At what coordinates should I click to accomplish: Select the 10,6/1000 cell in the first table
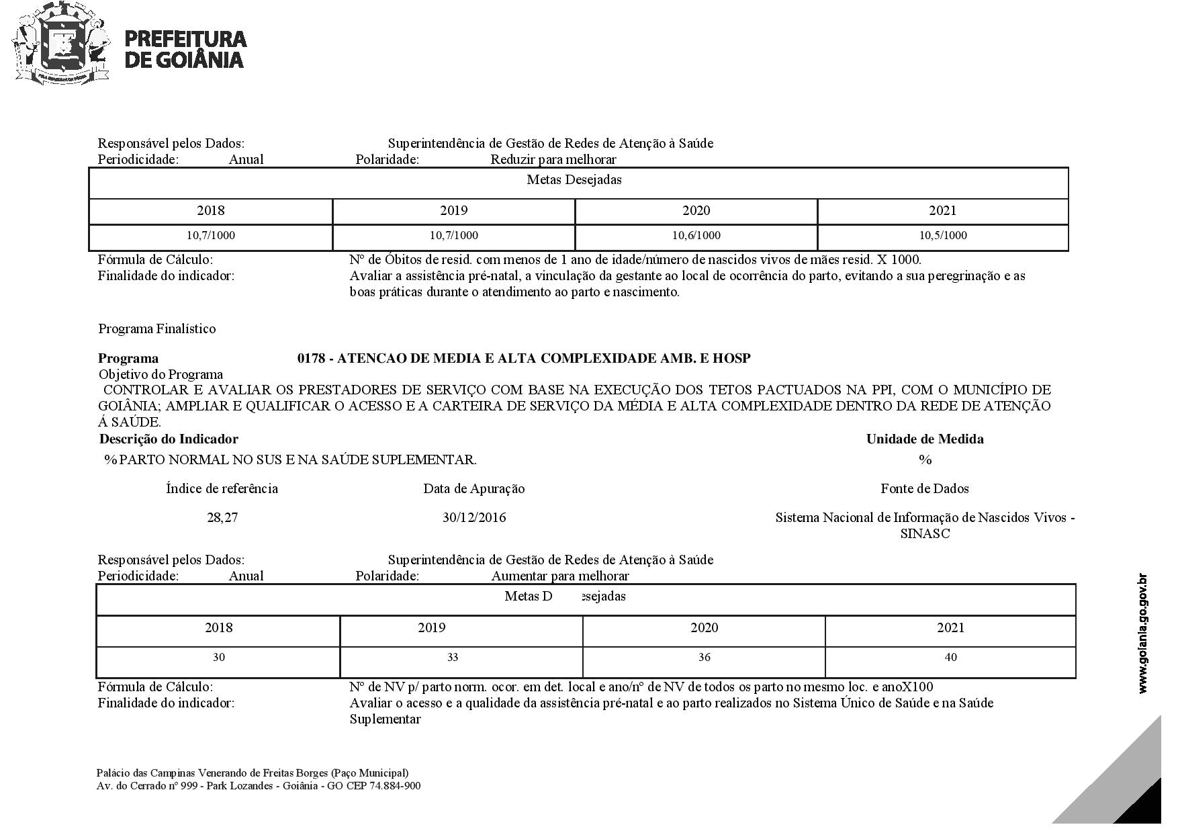click(x=696, y=236)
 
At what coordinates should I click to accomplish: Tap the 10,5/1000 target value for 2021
click(x=943, y=236)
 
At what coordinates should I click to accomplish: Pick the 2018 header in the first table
click(x=211, y=211)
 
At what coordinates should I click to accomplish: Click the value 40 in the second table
click(x=950, y=658)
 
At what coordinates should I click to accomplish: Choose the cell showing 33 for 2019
click(x=453, y=658)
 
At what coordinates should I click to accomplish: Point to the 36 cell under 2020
click(x=704, y=658)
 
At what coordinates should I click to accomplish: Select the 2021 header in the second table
click(x=950, y=628)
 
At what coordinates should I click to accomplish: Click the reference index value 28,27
click(x=222, y=518)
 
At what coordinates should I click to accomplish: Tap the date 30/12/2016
click(x=474, y=518)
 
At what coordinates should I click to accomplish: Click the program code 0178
click(x=311, y=359)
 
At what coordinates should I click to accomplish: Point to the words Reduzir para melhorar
click(x=553, y=160)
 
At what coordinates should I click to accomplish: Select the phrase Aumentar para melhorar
click(x=560, y=576)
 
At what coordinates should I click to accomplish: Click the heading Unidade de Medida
click(x=925, y=439)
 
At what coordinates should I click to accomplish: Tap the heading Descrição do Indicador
click(x=169, y=439)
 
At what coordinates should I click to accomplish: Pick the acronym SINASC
click(x=925, y=534)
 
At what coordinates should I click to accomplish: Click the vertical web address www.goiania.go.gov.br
click(x=1143, y=633)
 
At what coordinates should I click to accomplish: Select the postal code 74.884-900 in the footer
click(x=395, y=786)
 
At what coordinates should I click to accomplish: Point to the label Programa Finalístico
click(x=157, y=329)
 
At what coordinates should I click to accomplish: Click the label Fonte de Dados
click(x=925, y=489)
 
